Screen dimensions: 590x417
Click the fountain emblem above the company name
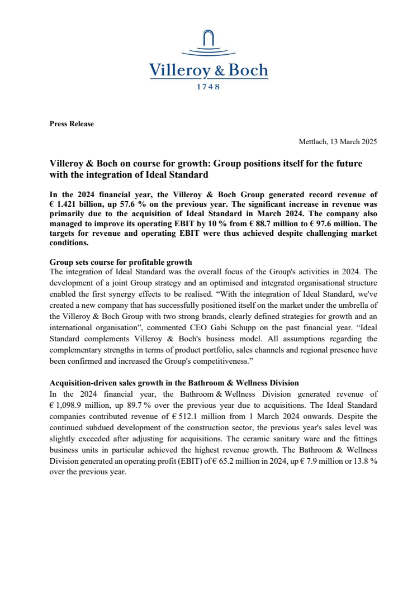pyautogui.click(x=209, y=44)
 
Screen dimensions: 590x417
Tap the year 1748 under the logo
pyautogui.click(x=209, y=87)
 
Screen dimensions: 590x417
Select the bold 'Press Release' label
pyautogui.click(x=72, y=124)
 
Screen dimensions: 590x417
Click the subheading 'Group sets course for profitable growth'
pyautogui.click(x=121, y=261)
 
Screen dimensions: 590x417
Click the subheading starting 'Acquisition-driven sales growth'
pyautogui.click(x=174, y=383)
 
